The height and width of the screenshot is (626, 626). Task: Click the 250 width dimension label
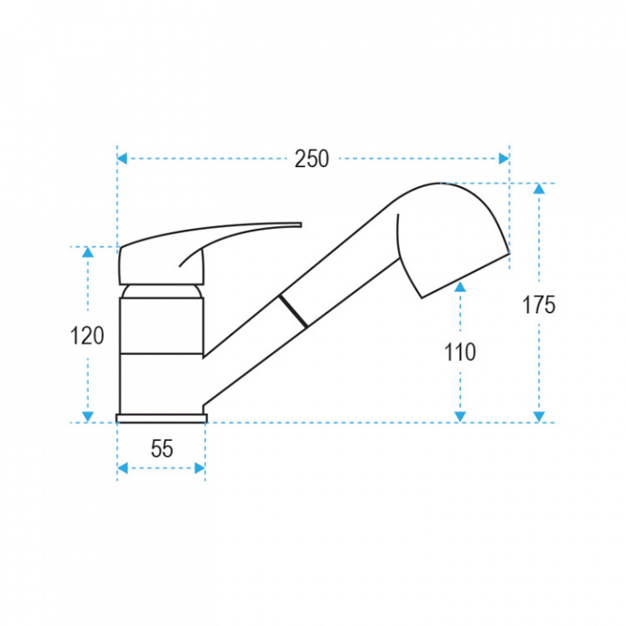[x=311, y=159]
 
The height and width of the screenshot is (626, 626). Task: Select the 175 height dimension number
[x=539, y=305]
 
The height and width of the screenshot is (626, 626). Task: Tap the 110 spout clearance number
[x=460, y=352]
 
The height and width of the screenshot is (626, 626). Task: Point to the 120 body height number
[x=87, y=336]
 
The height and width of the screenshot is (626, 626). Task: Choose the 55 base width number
[x=162, y=449]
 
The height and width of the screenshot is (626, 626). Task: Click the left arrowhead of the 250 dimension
[x=123, y=159]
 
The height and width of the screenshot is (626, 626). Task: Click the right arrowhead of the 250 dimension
[x=503, y=159]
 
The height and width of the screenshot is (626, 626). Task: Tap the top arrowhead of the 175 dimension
[x=539, y=189]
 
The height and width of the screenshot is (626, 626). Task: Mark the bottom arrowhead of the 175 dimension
[x=539, y=416]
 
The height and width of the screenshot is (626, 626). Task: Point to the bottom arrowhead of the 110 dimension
[x=460, y=416]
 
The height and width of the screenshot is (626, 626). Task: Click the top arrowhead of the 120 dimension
[x=87, y=253]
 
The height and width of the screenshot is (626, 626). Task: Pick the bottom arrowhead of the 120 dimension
[x=87, y=416]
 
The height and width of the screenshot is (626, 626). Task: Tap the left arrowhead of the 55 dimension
[x=123, y=469]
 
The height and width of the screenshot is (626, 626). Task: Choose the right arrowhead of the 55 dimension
[x=200, y=469]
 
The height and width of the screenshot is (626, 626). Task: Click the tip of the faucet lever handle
[x=298, y=224]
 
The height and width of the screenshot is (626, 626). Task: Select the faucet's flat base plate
[x=162, y=418]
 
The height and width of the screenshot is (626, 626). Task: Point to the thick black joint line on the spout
[x=293, y=310]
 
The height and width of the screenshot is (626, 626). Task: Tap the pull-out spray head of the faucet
[x=448, y=235]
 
